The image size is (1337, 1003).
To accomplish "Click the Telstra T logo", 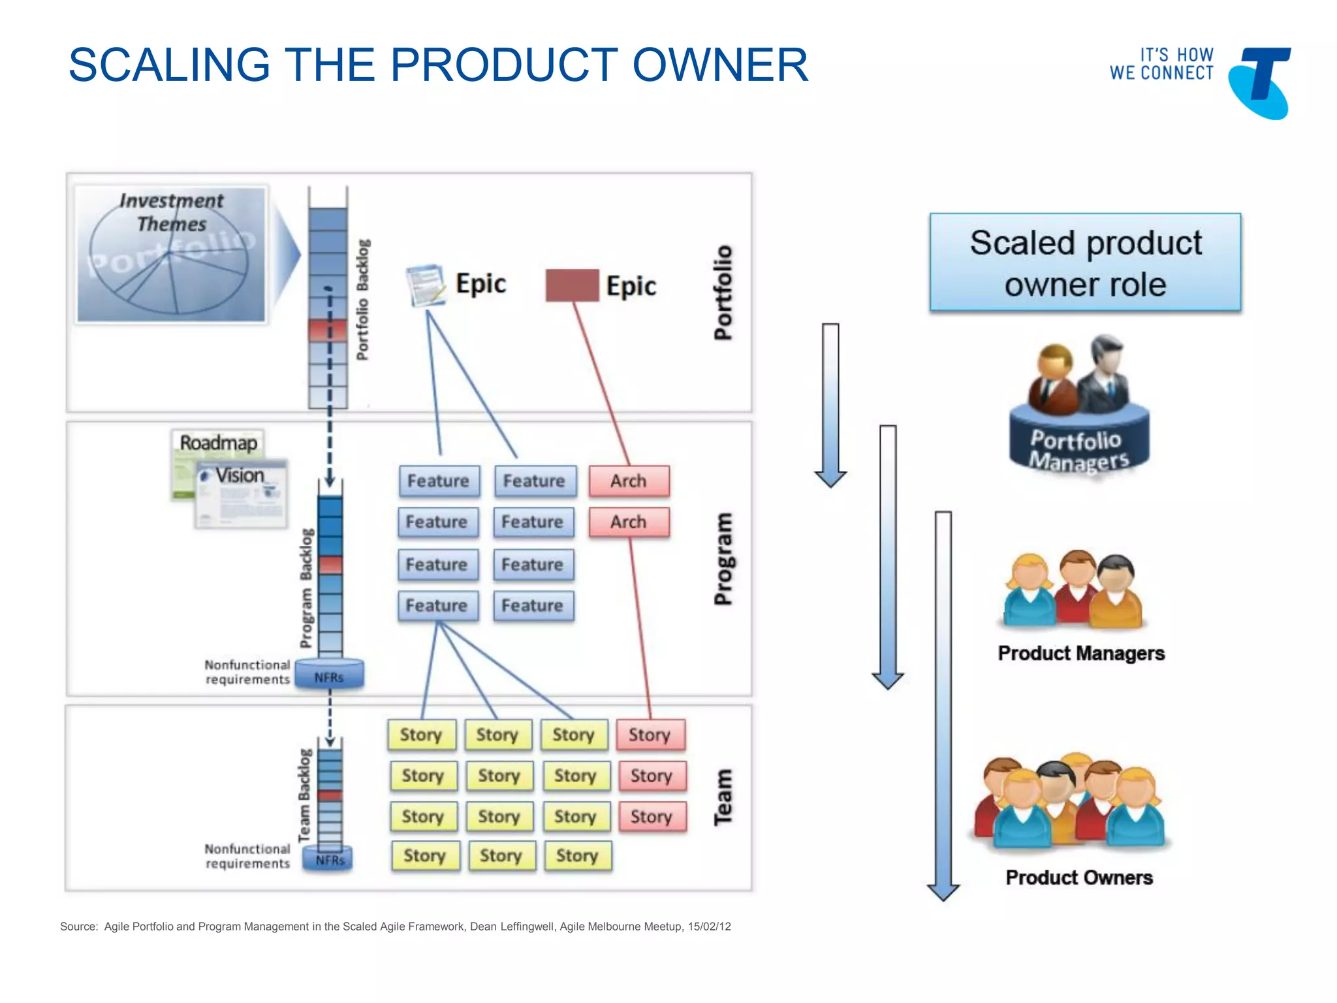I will (x=1260, y=82).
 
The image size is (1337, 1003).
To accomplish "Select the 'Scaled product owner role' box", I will (x=1085, y=263).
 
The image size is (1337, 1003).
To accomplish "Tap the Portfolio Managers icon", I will (x=1079, y=405).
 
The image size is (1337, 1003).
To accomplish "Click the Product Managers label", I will (x=1081, y=653).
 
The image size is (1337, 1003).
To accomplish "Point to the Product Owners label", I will (x=1079, y=877).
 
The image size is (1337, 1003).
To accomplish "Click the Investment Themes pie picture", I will (x=171, y=255).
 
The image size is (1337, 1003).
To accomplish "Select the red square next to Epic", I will (x=572, y=285).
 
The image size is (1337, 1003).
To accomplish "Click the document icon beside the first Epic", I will (x=425, y=285).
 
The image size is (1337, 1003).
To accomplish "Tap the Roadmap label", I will (x=218, y=443).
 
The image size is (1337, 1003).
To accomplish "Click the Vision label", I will (x=240, y=475).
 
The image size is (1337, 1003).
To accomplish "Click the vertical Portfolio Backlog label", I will (x=363, y=299).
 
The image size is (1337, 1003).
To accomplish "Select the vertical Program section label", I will (x=723, y=559).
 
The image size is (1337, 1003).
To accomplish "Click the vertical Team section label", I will (x=723, y=797).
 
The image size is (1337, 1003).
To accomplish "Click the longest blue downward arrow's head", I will (x=943, y=891).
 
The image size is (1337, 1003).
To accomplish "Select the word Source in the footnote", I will (x=78, y=927).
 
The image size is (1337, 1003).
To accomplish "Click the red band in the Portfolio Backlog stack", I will (x=328, y=329).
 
